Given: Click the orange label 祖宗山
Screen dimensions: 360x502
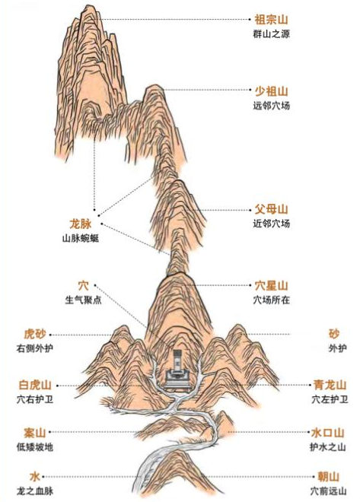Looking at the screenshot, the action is pos(271,20).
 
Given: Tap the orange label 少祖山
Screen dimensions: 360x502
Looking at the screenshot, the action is pos(271,91).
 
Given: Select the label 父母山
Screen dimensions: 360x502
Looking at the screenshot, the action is pos(271,209).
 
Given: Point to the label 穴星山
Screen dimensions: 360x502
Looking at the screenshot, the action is pos(271,285).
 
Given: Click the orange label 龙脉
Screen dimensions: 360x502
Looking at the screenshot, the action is pos(81,224).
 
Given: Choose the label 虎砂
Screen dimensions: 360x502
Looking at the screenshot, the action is pos(35,334).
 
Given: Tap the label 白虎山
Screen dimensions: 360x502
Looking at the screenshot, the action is pos(35,385).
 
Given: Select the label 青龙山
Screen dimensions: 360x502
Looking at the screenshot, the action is pos(330,385).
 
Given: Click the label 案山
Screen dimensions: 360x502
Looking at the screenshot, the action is pos(35,433).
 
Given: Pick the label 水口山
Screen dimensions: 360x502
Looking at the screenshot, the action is pos(327,433).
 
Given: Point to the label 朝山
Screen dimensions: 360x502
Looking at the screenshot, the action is pos(328,477).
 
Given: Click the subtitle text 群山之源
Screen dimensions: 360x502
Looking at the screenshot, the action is pos(271,34).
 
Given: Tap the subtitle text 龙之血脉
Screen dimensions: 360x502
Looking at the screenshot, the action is pos(35,491).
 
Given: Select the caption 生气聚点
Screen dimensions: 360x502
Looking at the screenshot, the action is pos(83,300).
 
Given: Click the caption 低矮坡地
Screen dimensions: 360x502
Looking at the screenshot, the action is pos(35,447).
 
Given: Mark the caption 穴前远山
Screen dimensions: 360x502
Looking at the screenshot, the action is pos(328,491).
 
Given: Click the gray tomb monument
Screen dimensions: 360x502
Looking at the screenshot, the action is pos(177,369).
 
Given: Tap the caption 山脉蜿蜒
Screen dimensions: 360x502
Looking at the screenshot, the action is pos(81,239).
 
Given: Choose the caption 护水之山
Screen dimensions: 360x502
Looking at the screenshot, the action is pos(327,447).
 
